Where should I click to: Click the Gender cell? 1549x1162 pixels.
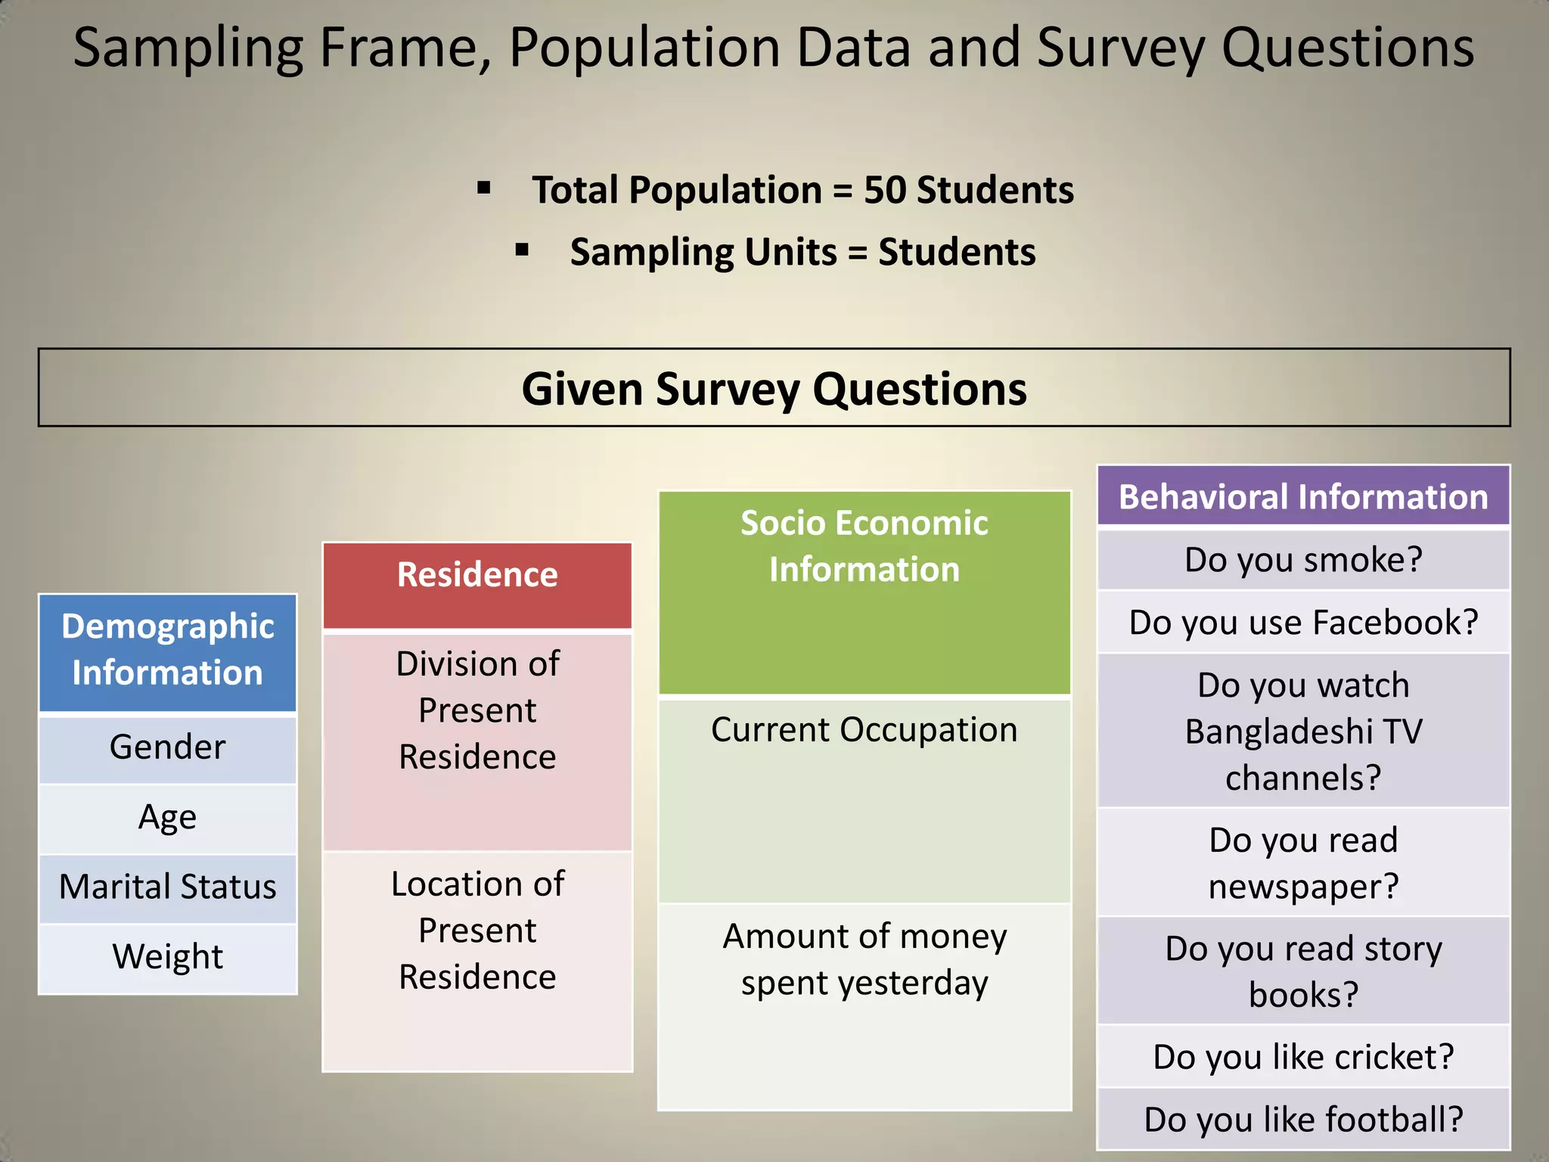[167, 747]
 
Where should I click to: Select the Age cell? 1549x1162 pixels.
[167, 817]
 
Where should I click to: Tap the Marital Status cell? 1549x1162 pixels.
[167, 887]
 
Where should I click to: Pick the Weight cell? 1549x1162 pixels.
[167, 957]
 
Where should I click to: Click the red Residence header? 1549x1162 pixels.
[477, 576]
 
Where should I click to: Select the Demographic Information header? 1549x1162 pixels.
[167, 650]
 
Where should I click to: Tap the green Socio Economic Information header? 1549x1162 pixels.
[864, 547]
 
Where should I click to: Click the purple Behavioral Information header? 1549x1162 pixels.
[1302, 497]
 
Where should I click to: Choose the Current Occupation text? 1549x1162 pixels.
[864, 730]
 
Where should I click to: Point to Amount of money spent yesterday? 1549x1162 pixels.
[864, 959]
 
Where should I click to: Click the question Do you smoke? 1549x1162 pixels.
[1302, 560]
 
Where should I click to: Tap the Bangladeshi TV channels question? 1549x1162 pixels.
[1302, 732]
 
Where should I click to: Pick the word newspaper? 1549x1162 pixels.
[1302, 887]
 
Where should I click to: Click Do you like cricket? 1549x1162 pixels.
[1302, 1057]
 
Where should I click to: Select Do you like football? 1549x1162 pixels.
[1302, 1120]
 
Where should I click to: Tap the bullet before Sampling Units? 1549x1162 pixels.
[522, 250]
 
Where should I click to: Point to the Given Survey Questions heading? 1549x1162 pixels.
[774, 389]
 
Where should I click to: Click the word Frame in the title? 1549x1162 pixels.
[405, 48]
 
